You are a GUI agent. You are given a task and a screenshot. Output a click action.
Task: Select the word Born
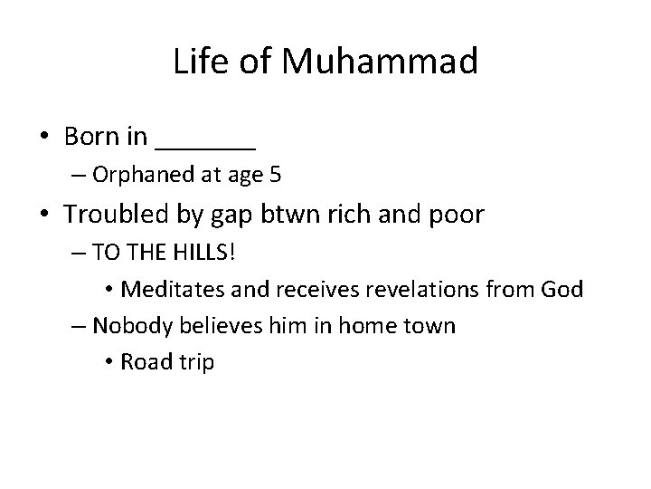92,138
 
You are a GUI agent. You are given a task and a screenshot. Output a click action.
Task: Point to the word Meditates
163,291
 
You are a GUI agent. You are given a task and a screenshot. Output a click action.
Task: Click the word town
430,325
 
